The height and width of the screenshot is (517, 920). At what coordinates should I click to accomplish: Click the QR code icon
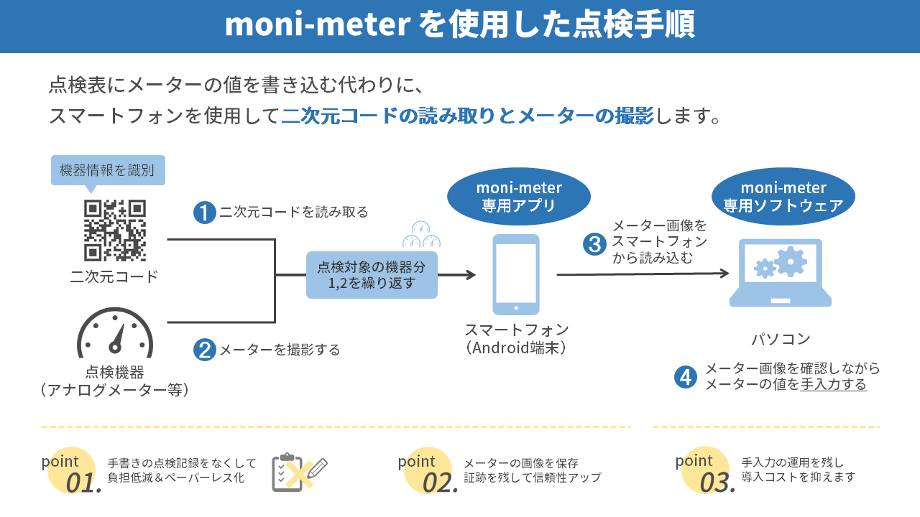coord(115,230)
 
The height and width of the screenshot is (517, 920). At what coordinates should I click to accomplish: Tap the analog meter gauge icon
coord(115,333)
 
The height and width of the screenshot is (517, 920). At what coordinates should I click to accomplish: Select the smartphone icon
coord(516,274)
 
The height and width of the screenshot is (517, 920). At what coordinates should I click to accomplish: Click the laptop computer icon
coord(781,273)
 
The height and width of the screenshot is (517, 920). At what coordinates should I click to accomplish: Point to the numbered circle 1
coord(205,213)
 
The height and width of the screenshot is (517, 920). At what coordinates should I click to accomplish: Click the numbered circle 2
coord(205,350)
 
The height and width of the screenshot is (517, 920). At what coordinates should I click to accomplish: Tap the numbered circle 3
coord(594,244)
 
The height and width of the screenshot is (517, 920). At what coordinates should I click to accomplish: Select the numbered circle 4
coord(686,377)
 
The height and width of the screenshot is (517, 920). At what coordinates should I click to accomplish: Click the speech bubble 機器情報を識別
coord(108,171)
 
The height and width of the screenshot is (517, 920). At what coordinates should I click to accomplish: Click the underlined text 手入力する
coord(834,385)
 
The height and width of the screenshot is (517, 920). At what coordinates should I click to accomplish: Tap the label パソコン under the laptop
coord(781,339)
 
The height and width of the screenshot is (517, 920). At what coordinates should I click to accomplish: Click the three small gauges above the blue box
coord(422,235)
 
